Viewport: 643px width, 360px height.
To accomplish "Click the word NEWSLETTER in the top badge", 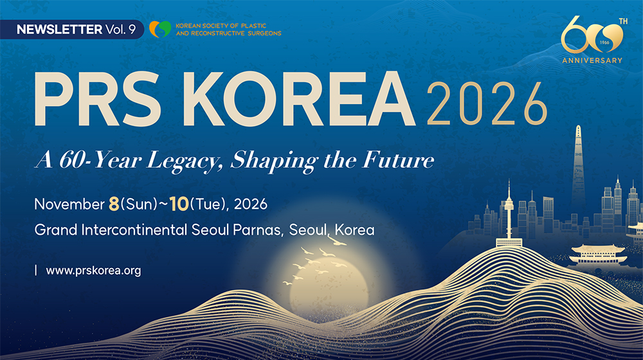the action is pyautogui.click(x=59, y=30).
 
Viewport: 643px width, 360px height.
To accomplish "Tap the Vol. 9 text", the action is pyautogui.click(x=121, y=30).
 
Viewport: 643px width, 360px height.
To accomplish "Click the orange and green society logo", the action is pyautogui.click(x=160, y=29).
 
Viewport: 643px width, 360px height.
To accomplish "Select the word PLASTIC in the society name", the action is pyautogui.click(x=253, y=26).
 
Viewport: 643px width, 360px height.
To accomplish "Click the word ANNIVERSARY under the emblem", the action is pyautogui.click(x=592, y=60).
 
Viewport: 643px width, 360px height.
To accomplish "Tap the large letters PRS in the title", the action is pyautogui.click(x=97, y=99).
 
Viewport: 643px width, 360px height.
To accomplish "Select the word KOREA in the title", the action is pyautogui.click(x=299, y=99).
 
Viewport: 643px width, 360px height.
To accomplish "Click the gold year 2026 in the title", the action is pyautogui.click(x=487, y=104).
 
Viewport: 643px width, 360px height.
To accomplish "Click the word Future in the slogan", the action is pyautogui.click(x=398, y=160).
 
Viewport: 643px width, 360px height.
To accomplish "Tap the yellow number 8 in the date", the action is pyautogui.click(x=114, y=204).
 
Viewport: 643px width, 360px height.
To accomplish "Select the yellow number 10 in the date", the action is pyautogui.click(x=179, y=204).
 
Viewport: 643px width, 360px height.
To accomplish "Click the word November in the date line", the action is pyautogui.click(x=69, y=204).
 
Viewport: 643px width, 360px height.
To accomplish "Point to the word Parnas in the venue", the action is pyautogui.click(x=258, y=230).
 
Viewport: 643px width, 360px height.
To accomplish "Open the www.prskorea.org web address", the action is pyautogui.click(x=93, y=271).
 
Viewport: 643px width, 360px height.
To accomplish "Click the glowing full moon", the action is pyautogui.click(x=329, y=287).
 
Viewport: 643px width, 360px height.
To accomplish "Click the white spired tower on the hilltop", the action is pyautogui.click(x=509, y=213).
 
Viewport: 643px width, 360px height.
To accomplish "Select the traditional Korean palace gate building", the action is pyautogui.click(x=599, y=255).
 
